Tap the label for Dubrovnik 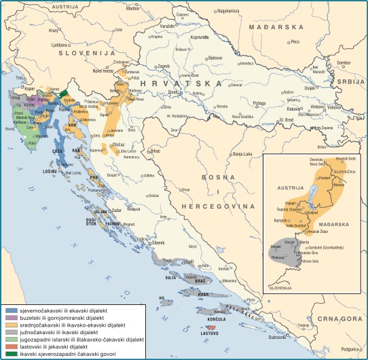tap(278, 337)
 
